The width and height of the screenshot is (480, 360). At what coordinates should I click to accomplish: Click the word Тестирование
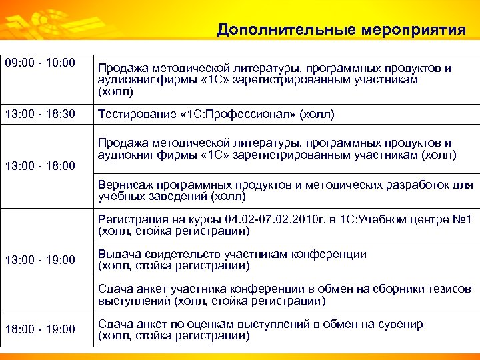tap(133, 114)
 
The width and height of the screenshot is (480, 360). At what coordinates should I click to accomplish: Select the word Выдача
tap(117, 254)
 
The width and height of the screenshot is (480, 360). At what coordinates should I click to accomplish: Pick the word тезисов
tap(454, 289)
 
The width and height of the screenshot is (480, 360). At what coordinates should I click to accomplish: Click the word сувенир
tap(400, 325)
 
